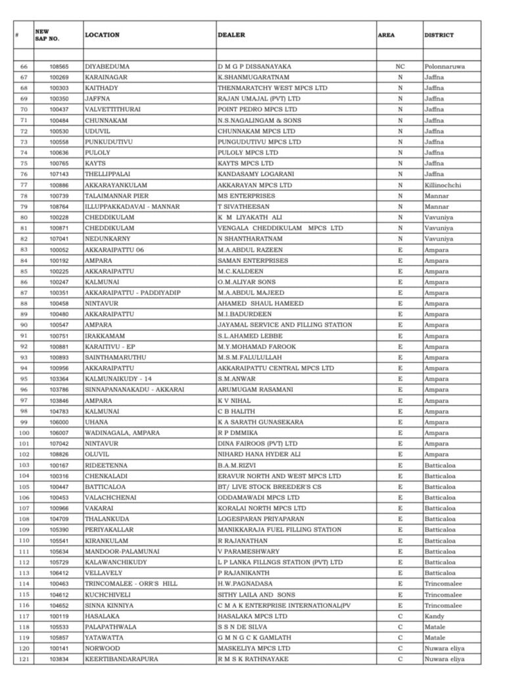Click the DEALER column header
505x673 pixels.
pos(231,35)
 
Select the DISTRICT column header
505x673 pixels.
pos(439,35)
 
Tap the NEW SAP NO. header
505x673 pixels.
pos(47,35)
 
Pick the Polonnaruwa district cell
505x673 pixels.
pos(445,66)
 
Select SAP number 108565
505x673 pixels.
pos(59,66)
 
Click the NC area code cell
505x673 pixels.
pos(400,66)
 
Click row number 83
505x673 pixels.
pos(24,250)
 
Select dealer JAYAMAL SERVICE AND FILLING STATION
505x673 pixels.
pos(285,325)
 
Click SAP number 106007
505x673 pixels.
pos(59,432)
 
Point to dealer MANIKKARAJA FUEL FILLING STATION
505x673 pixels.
pos(279,530)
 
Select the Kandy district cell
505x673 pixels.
pos(434,616)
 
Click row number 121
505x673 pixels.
pos(24,659)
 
